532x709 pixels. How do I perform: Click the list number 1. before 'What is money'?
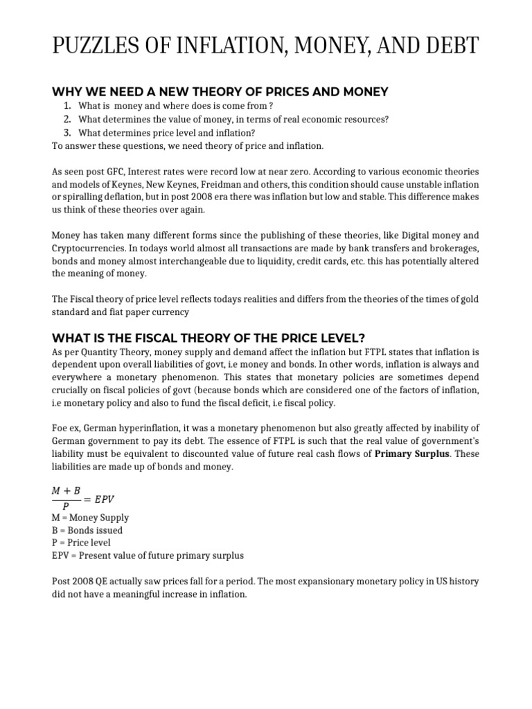tap(66, 105)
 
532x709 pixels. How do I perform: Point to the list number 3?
tap(66, 133)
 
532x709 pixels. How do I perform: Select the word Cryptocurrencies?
tap(86, 248)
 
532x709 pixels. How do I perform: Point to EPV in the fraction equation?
tap(112, 498)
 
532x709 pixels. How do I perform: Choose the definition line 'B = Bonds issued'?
tap(87, 530)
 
